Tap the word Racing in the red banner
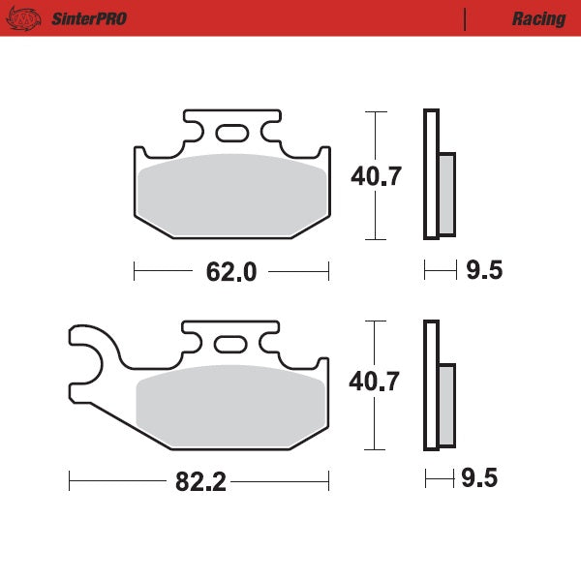538,18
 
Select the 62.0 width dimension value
230,272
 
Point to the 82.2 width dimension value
201,481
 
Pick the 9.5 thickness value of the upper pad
484,271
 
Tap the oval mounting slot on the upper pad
231,133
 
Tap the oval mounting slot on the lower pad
230,344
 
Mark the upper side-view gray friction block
447,194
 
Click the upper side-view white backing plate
431,174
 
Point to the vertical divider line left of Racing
466,18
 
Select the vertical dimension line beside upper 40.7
369,175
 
